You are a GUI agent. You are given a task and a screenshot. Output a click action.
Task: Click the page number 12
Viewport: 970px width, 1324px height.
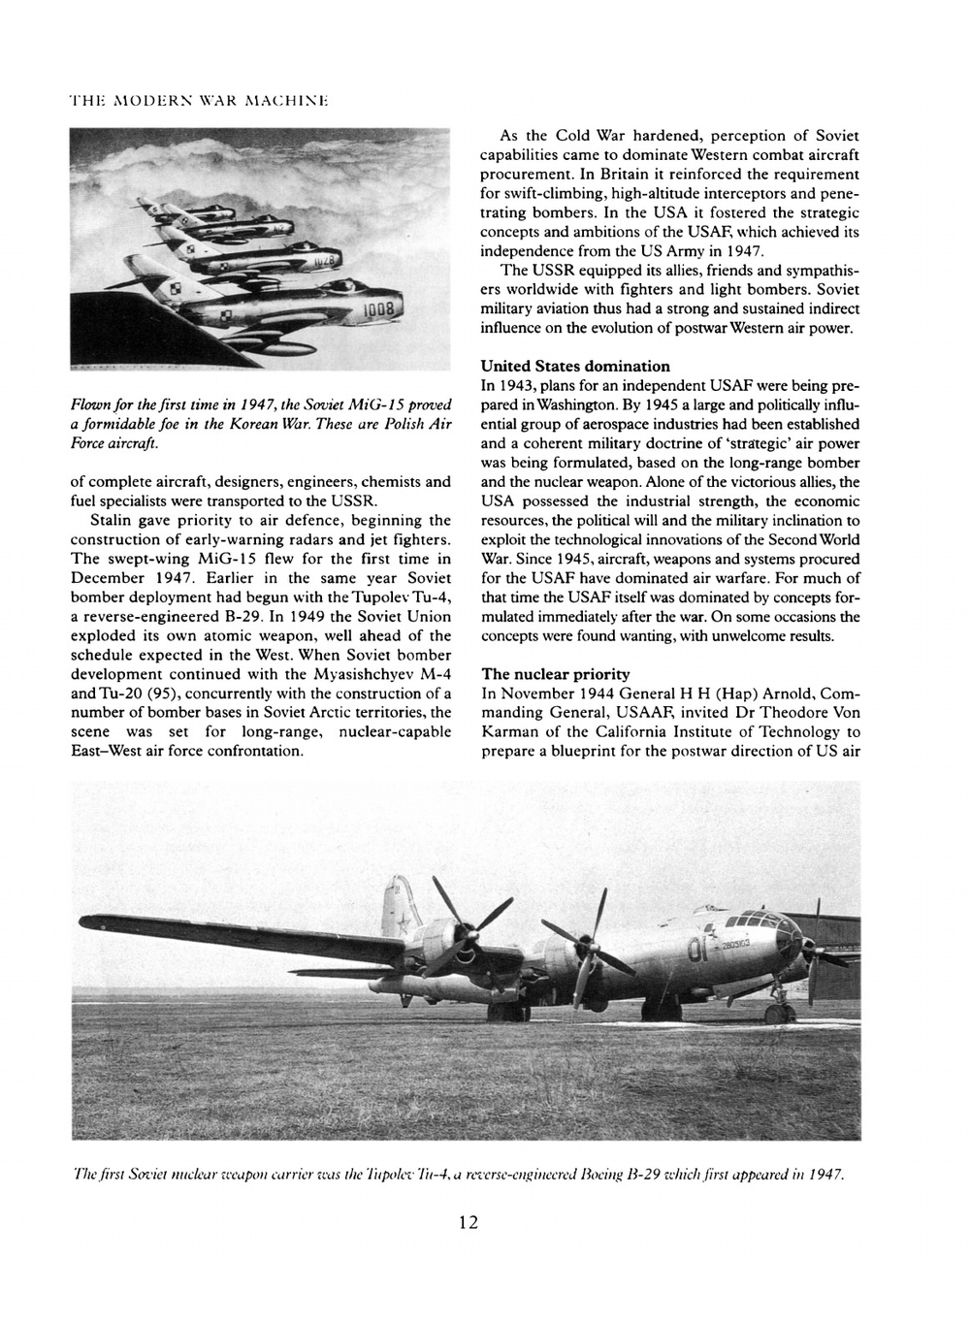click(469, 1222)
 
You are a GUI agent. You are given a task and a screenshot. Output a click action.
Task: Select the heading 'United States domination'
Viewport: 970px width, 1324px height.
click(575, 367)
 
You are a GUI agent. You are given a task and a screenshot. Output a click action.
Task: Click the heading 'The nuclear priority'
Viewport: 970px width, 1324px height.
click(556, 674)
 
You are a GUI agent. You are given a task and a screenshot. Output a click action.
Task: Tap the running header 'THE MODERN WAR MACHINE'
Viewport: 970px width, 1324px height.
click(151, 101)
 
